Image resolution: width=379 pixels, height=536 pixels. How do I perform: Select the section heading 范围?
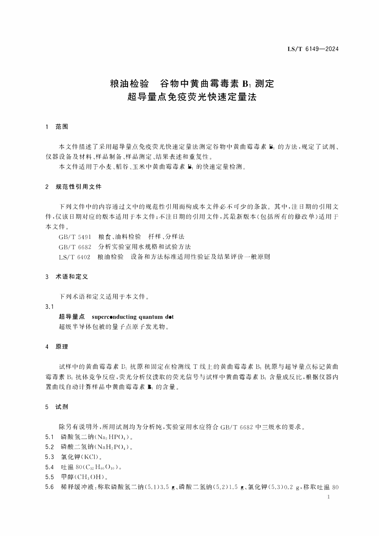coord(62,127)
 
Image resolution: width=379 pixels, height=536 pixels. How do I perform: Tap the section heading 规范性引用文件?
coord(79,187)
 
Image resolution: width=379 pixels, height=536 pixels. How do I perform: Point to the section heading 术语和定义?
coord(72,276)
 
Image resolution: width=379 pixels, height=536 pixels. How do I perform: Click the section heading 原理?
coord(62,347)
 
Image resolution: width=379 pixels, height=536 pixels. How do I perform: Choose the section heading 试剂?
coord(62,407)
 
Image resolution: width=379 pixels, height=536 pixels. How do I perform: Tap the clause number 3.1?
coord(49,307)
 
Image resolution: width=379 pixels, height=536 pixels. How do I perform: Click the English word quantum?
coord(150,317)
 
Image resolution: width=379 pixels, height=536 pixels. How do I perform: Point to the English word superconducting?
coord(114,317)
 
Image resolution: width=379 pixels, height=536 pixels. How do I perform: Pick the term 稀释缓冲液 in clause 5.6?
coord(77,487)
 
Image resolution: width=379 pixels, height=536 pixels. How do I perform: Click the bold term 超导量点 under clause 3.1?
coord(72,317)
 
